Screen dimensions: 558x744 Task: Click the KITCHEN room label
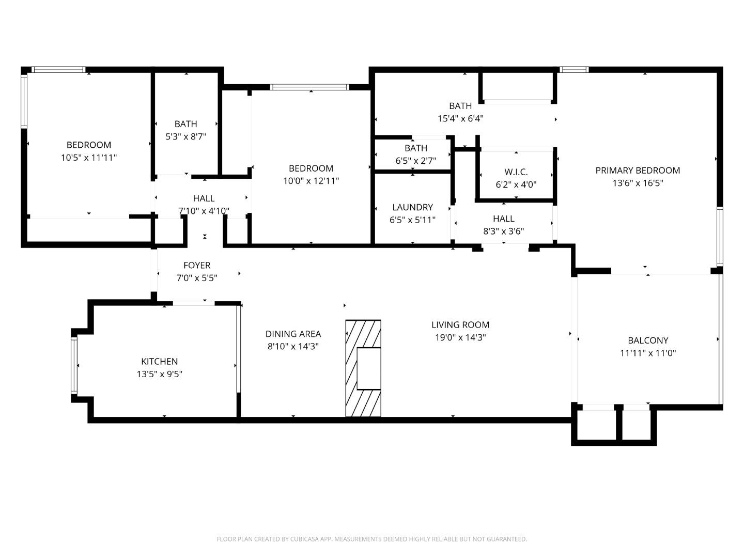tap(159, 361)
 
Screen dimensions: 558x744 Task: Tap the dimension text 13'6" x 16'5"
tap(638, 183)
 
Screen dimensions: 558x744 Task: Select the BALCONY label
tap(648, 340)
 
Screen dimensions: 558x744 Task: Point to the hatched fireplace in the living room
tap(363, 368)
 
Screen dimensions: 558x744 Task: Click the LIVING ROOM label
tap(460, 324)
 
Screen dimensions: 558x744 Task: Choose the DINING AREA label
tap(293, 334)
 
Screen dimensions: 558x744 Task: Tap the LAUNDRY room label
tap(412, 207)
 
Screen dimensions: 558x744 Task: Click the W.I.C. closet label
tap(516, 172)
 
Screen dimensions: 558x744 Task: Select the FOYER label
tap(197, 265)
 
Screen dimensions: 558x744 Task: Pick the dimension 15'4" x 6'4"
tap(460, 118)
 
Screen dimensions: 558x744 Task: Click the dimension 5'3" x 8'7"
tap(185, 136)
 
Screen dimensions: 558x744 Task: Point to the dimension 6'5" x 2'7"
tap(415, 161)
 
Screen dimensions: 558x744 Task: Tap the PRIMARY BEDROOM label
tap(638, 170)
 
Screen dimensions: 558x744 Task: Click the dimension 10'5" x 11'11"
tap(89, 158)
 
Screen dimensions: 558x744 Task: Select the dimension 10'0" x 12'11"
tap(311, 181)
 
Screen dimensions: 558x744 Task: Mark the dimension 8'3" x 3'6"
tap(503, 231)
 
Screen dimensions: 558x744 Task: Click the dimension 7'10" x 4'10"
tap(204, 211)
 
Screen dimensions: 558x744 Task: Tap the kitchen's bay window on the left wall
tap(74, 365)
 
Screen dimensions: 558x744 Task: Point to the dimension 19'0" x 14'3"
tap(460, 337)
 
